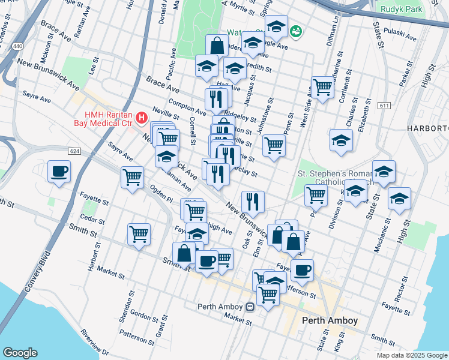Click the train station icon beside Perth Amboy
point(249,307)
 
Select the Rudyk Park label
point(401,10)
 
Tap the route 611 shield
point(383,106)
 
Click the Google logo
point(20,353)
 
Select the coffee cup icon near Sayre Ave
point(59,171)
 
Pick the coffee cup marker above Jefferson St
point(302,269)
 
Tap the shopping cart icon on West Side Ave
point(322,88)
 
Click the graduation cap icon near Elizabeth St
point(341,140)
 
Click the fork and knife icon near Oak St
point(253,202)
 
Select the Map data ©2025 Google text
point(412,355)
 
